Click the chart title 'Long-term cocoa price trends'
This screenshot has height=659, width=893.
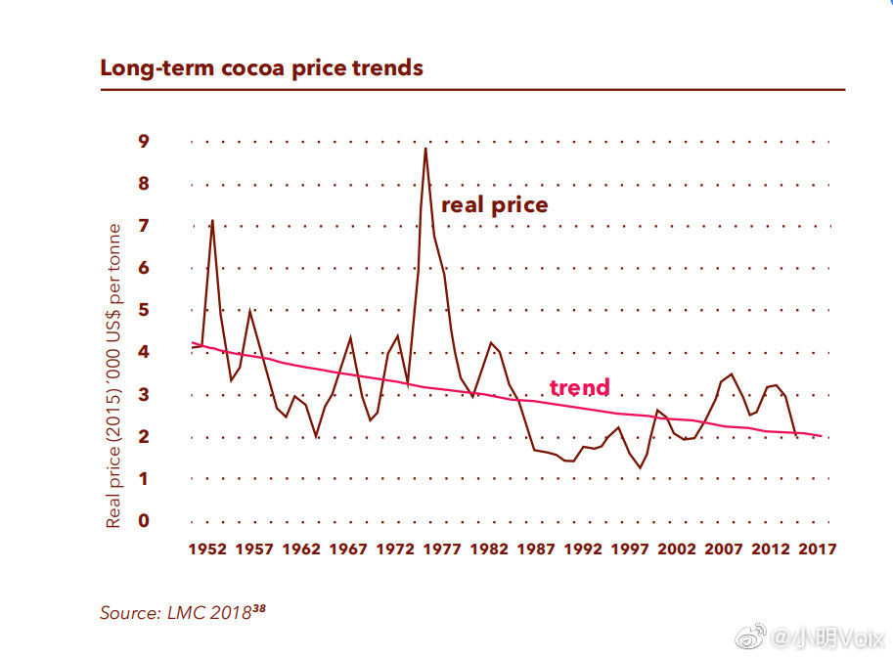261,68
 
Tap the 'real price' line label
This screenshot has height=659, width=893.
494,205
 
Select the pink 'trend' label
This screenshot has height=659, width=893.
579,387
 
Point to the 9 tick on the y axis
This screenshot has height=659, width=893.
144,142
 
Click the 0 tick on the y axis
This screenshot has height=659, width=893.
144,521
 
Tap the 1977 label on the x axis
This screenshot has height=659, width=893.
442,549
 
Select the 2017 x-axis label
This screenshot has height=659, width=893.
818,549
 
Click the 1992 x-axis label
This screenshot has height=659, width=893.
583,549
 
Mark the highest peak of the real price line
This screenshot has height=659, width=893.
425,149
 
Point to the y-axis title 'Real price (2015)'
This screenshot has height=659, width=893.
114,376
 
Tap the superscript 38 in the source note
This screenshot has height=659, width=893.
258,608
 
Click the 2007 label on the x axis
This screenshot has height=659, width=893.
724,549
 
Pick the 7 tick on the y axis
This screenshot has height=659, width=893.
144,226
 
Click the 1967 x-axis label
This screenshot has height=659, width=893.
347,549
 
